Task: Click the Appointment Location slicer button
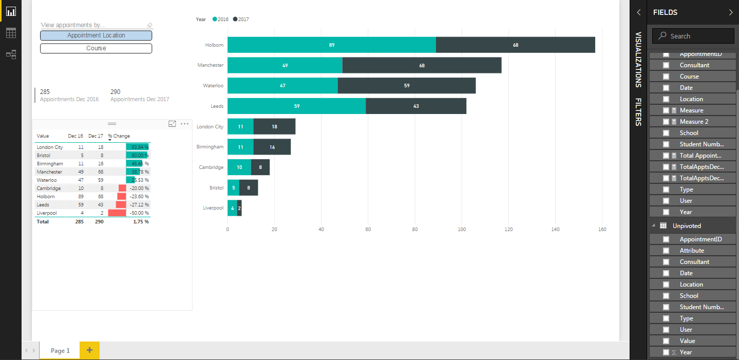click(96, 35)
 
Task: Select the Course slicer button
click(96, 48)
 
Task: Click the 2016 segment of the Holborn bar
click(332, 45)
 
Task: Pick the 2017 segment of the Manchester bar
click(422, 65)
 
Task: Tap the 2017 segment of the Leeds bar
click(415, 106)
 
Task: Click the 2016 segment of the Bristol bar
click(233, 188)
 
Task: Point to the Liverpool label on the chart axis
click(213, 208)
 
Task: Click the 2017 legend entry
click(241, 19)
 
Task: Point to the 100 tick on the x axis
click(462, 230)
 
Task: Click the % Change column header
click(119, 136)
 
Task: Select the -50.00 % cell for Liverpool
click(139, 213)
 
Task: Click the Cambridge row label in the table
click(48, 188)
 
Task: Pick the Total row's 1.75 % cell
click(141, 222)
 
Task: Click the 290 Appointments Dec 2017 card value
click(116, 92)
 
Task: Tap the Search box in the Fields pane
click(693, 36)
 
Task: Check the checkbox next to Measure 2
click(666, 122)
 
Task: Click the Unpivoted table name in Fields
click(687, 225)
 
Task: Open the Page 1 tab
click(60, 350)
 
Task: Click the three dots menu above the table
click(185, 124)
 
